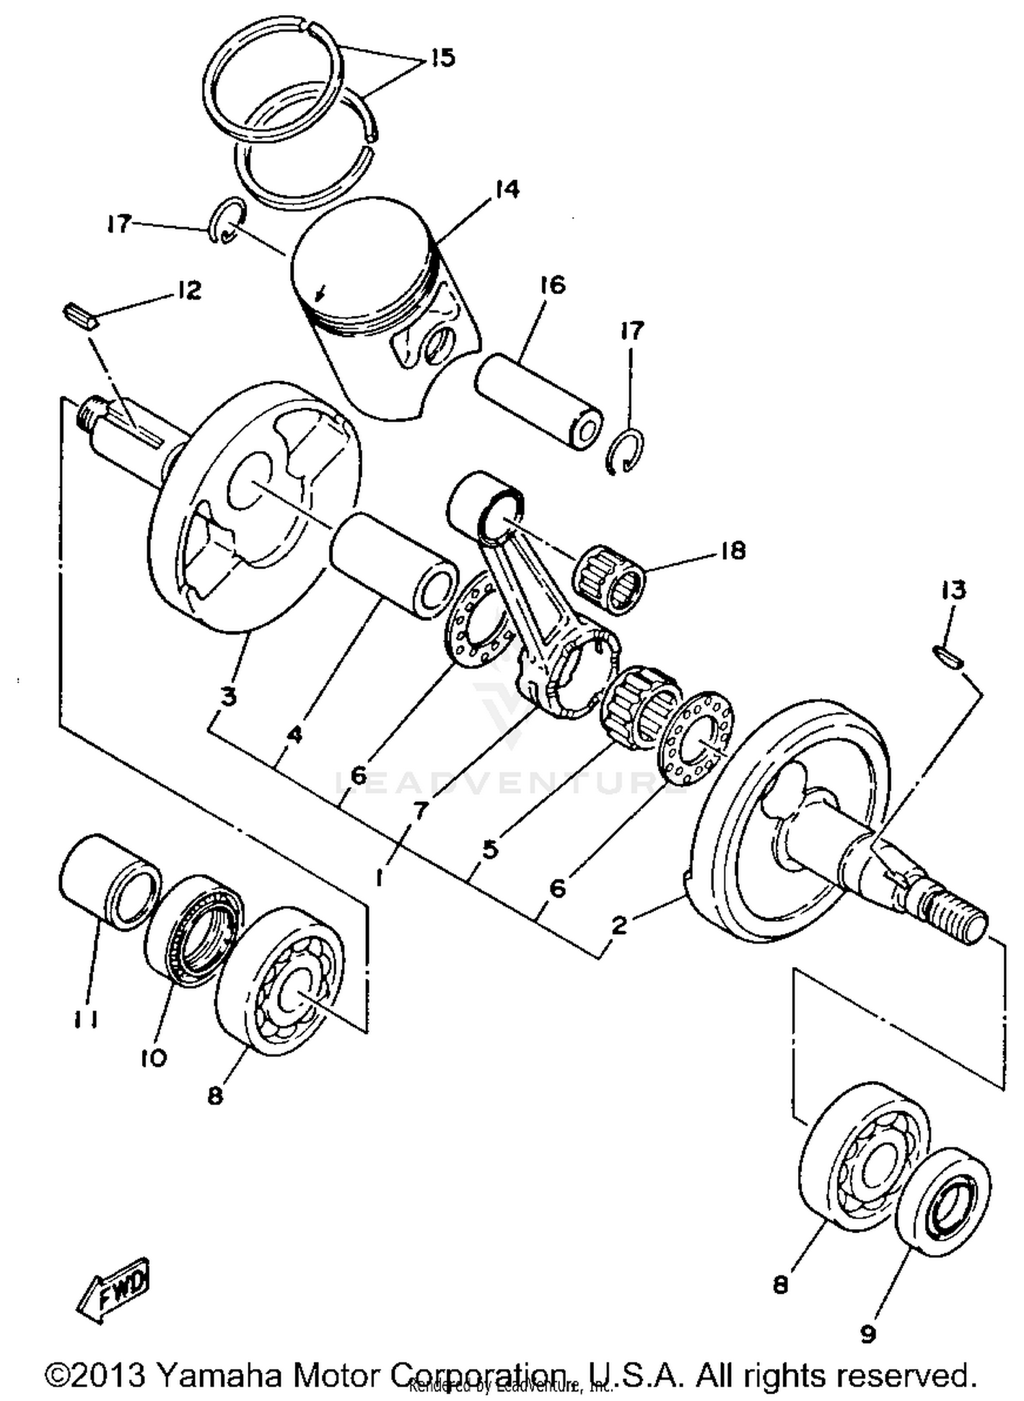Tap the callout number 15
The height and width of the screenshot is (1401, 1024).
coord(442,58)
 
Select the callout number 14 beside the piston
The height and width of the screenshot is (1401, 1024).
coord(507,189)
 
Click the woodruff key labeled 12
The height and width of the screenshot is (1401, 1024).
coord(81,317)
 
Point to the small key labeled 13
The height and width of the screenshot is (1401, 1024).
coord(948,657)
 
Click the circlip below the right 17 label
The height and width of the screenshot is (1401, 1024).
coord(625,451)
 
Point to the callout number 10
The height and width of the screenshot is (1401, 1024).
coord(154,1058)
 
